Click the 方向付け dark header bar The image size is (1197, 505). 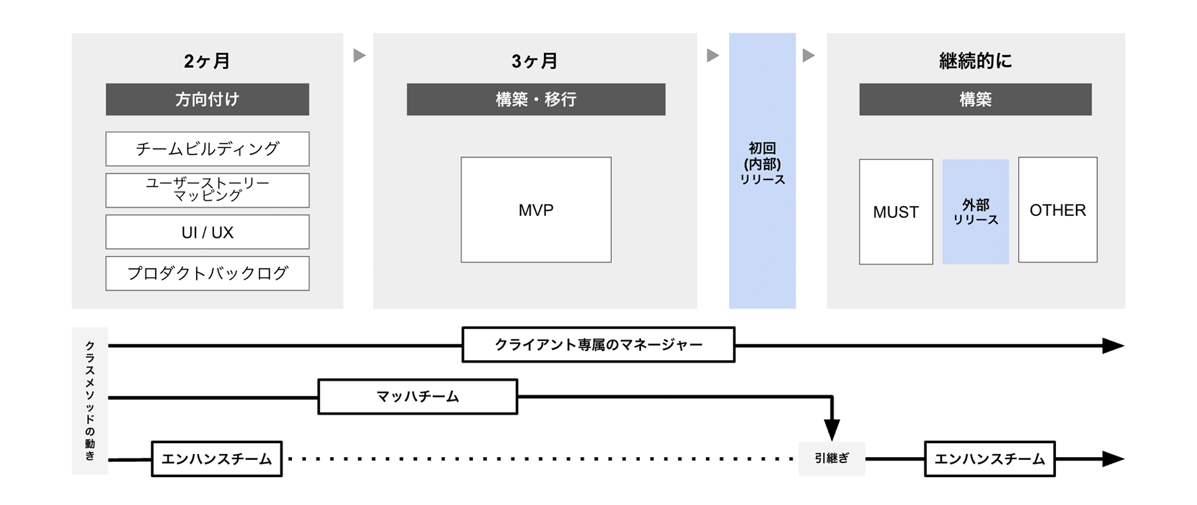[x=207, y=100]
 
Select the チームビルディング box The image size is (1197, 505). [x=207, y=149]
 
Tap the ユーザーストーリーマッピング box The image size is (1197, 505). [x=207, y=190]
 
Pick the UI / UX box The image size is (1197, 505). [x=207, y=232]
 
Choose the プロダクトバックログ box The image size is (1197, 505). [x=207, y=273]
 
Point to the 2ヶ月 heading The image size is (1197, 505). [x=207, y=61]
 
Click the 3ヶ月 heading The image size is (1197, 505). [x=535, y=61]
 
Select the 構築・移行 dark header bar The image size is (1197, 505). [x=535, y=100]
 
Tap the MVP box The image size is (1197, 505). [x=535, y=210]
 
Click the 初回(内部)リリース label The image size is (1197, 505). [x=762, y=163]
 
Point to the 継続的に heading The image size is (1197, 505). [x=975, y=61]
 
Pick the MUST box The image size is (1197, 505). [x=895, y=212]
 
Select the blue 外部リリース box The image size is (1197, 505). [x=975, y=212]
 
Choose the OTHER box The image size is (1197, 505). [x=1057, y=210]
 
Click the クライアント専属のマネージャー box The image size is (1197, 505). [x=598, y=345]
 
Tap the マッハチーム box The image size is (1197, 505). [x=418, y=397]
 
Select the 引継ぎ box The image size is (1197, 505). [x=831, y=458]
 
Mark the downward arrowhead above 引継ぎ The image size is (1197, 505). [x=832, y=429]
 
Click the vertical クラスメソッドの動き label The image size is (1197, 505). [x=90, y=401]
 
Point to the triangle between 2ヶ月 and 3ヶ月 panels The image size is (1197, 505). [x=359, y=55]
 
